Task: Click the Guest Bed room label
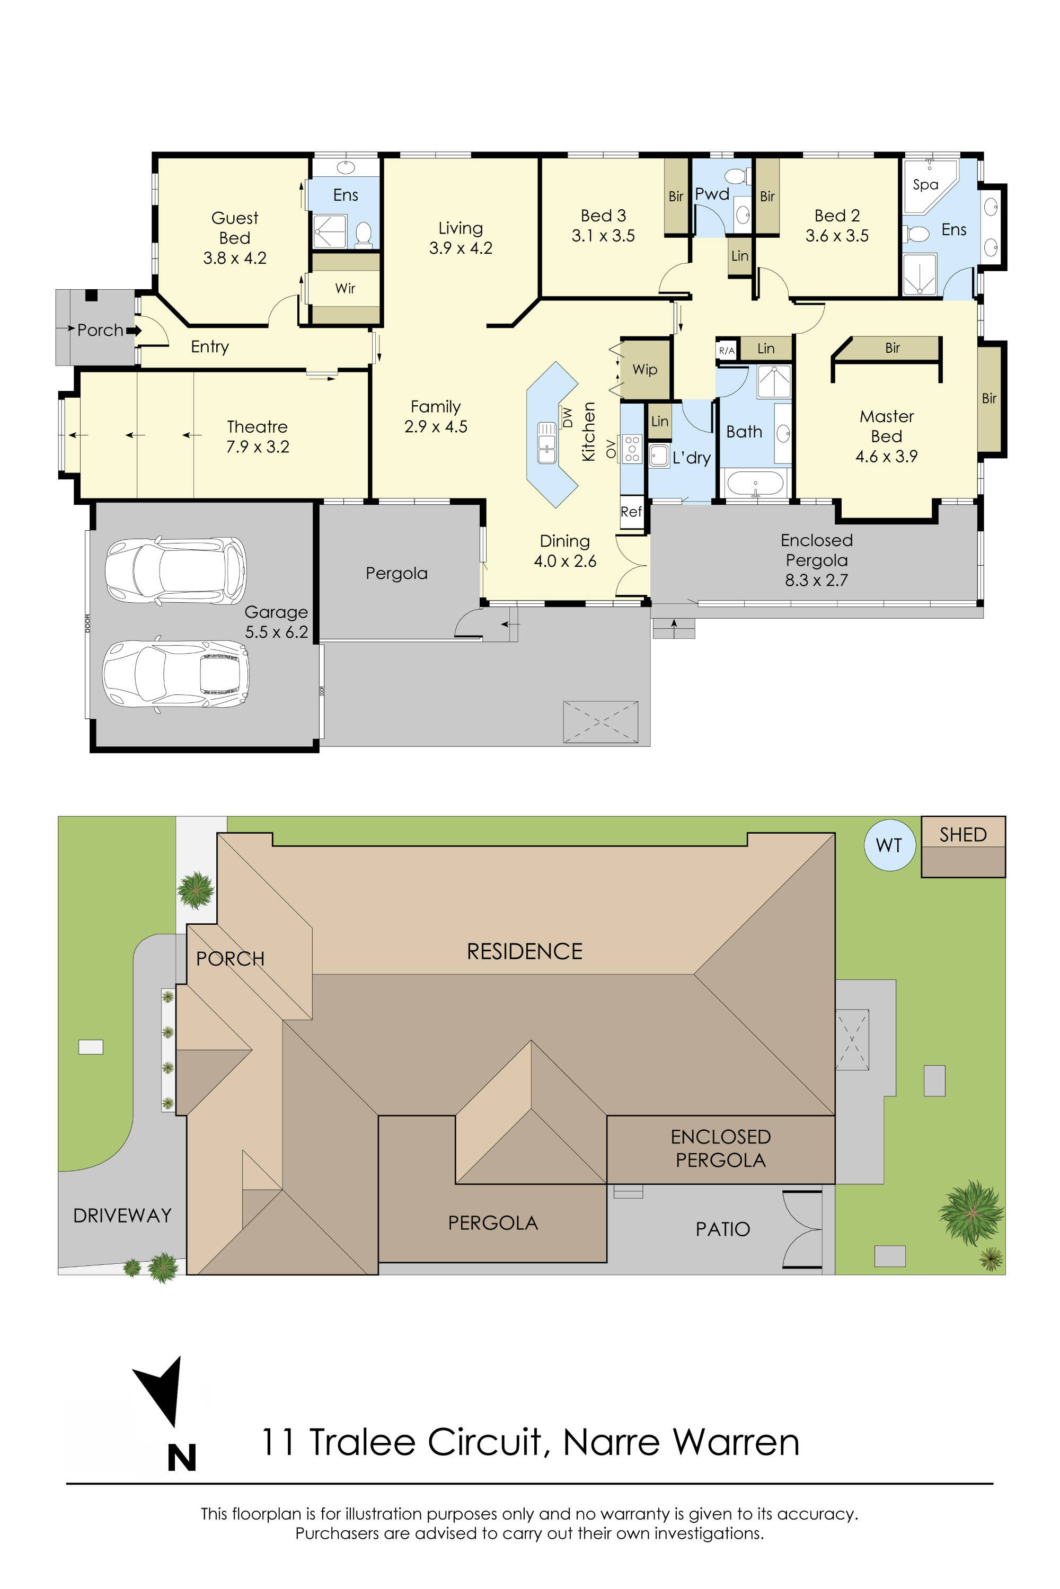tap(235, 228)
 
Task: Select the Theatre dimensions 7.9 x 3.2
tap(258, 447)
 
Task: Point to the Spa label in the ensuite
tap(925, 184)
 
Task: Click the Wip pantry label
tap(644, 370)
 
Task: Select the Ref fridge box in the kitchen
tap(631, 512)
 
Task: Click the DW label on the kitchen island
tap(567, 417)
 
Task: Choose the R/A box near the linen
tap(727, 351)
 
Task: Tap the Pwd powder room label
tap(712, 194)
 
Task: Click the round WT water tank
tap(889, 845)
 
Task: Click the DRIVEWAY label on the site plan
tap(122, 1216)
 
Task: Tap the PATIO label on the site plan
tap(723, 1229)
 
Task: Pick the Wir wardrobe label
tap(345, 289)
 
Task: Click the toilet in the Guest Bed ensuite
tap(364, 233)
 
